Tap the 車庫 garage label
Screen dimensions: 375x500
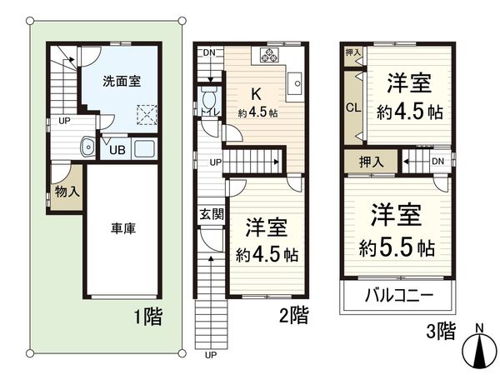(122, 228)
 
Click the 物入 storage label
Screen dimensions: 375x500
(65, 191)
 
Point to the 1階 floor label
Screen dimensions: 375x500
(147, 317)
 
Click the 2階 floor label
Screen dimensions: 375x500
(293, 315)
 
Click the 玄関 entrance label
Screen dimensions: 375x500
(211, 214)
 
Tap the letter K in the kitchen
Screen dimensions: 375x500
(257, 93)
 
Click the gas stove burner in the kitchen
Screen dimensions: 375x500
(271, 56)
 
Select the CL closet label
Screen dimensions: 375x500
(352, 107)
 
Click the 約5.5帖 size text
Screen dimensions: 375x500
(397, 247)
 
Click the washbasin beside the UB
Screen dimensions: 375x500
(85, 148)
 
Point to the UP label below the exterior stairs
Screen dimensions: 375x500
(211, 355)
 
